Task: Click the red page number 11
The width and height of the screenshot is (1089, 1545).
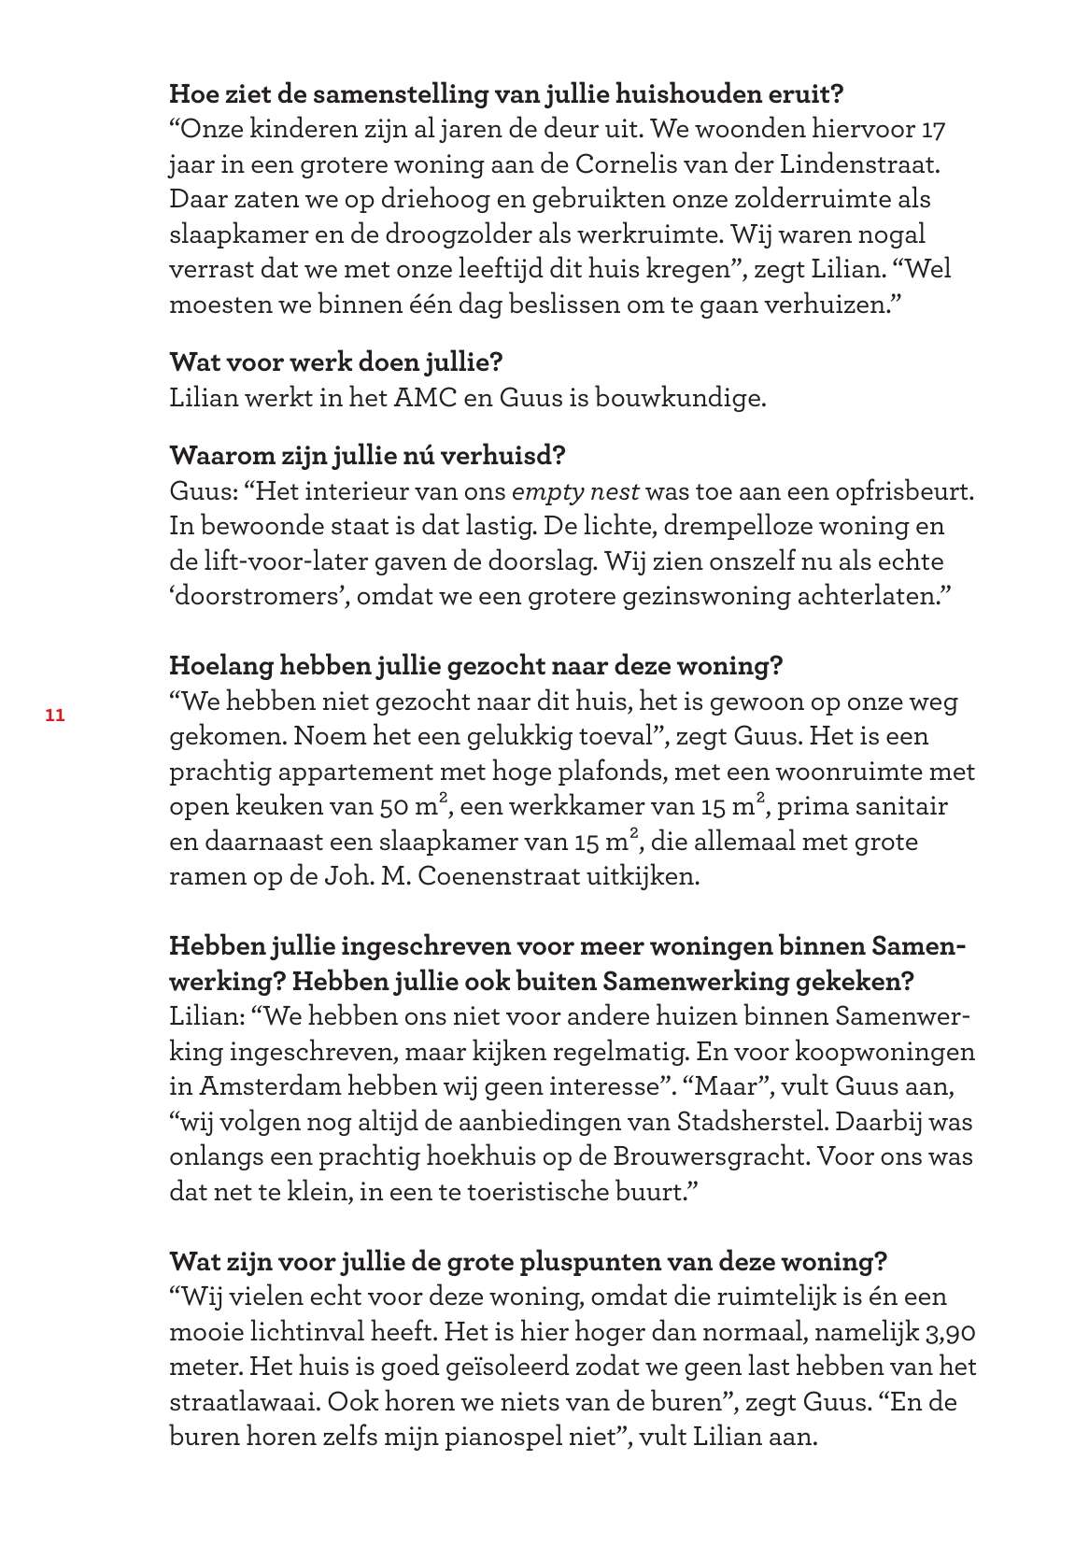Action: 53,716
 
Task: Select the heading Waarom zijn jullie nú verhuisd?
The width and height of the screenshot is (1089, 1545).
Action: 367,456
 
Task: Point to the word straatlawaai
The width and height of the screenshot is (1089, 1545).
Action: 246,1402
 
